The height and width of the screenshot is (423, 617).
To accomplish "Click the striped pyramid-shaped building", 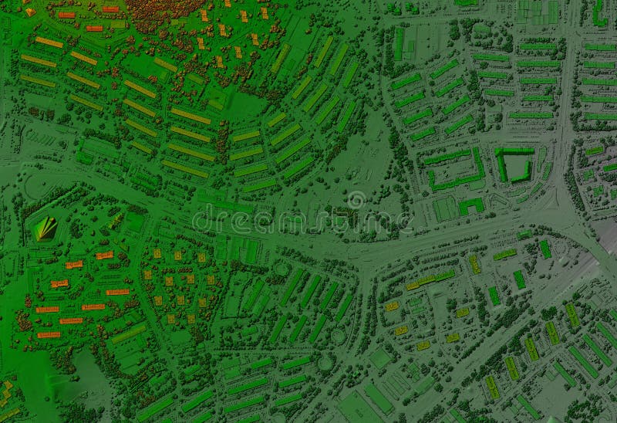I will click(46, 227).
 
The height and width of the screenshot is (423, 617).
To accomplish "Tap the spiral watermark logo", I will click(356, 200).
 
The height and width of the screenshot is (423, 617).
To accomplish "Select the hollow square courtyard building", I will click(513, 165).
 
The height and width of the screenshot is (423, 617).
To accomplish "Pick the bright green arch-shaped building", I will click(471, 205).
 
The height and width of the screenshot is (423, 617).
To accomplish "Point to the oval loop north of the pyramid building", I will click(39, 186).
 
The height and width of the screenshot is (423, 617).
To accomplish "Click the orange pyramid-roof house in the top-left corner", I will click(30, 12).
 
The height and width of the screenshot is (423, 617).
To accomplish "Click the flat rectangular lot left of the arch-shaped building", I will click(443, 208).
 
